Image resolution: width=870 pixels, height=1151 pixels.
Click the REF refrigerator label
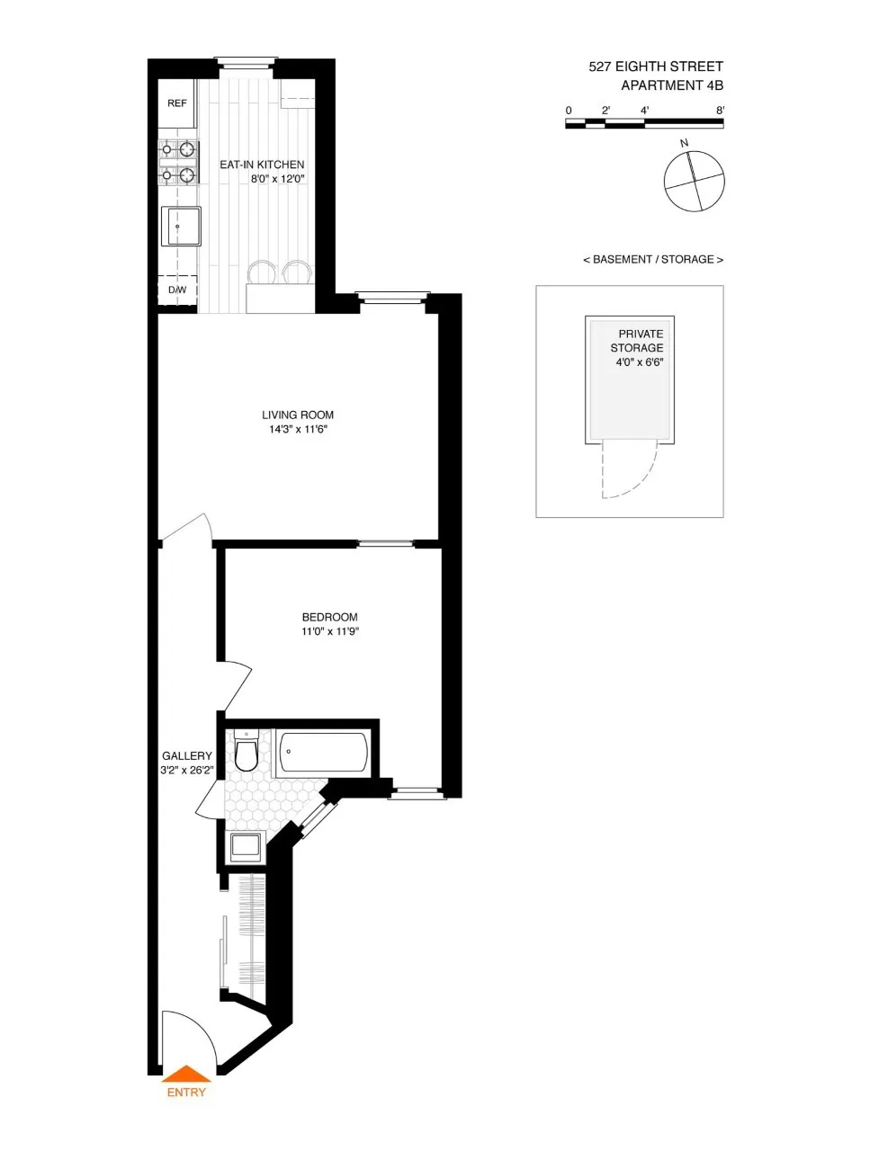click(x=177, y=103)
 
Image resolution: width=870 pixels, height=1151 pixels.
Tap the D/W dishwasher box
click(x=177, y=290)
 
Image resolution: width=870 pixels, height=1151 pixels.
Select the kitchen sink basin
click(x=180, y=226)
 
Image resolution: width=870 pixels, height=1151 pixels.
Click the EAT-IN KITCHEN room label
click(x=262, y=165)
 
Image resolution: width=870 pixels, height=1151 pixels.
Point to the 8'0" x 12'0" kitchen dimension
click(x=278, y=179)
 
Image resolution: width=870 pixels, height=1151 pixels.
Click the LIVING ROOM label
click(x=298, y=415)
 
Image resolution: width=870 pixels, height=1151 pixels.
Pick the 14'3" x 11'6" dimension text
click(x=298, y=429)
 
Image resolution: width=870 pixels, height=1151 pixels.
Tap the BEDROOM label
click(x=329, y=617)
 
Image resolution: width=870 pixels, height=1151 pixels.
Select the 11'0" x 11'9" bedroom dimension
click(x=329, y=631)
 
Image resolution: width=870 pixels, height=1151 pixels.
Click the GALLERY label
click(x=187, y=756)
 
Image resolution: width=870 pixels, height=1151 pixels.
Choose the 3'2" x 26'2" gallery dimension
click(x=187, y=770)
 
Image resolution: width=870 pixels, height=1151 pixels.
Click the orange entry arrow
click(x=187, y=1073)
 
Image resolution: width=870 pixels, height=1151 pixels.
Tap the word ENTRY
click(x=187, y=1093)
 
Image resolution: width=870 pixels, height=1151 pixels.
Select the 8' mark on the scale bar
click(x=721, y=110)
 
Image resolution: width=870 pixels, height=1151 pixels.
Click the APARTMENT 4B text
click(x=672, y=85)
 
